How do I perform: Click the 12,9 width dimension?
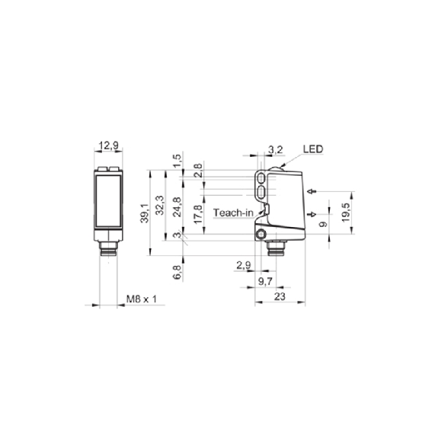coord(108,145)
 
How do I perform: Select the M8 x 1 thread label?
coord(142,299)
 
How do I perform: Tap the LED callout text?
coord(313,149)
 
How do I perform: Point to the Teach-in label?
coord(233,213)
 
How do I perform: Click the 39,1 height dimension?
coord(145,213)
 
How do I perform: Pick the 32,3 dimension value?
coord(160,206)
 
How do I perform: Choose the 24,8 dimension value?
coord(177,207)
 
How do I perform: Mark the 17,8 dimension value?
coord(198,214)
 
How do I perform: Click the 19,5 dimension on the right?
coord(346,213)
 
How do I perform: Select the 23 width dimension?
coord(280,296)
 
